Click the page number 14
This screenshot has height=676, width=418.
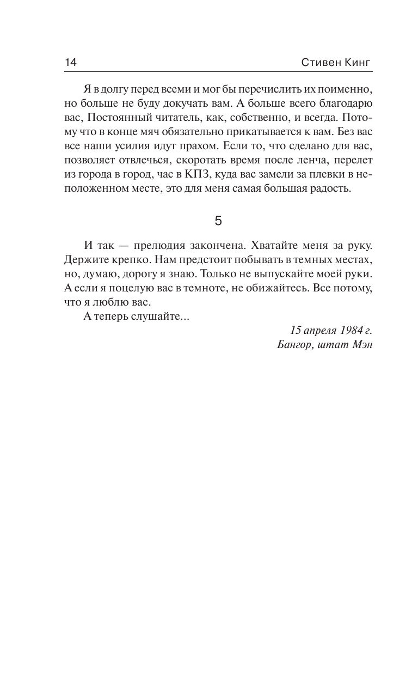click(71, 62)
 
